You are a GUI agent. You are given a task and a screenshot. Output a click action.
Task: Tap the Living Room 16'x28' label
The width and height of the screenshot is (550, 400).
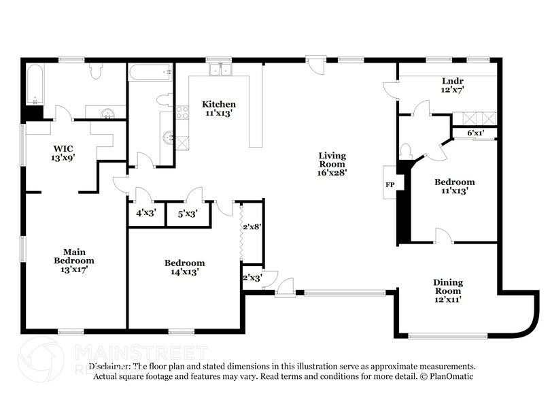332,164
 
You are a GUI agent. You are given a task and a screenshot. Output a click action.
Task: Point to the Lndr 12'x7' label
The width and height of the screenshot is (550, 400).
452,85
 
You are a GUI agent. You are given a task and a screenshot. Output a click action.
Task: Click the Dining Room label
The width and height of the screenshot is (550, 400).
448,286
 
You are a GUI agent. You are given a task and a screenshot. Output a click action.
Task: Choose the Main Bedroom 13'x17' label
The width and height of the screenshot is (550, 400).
74,260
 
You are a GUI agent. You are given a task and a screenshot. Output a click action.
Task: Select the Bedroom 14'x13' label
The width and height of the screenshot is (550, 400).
184,267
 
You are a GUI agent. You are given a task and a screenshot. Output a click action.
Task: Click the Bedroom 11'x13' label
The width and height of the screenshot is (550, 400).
454,186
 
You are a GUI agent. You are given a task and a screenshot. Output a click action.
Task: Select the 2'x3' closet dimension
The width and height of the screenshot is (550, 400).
252,278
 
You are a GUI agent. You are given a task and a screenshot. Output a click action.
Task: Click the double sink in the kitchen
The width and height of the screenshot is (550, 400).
220,69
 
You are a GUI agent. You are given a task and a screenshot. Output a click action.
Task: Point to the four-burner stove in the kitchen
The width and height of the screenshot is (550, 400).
182,113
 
